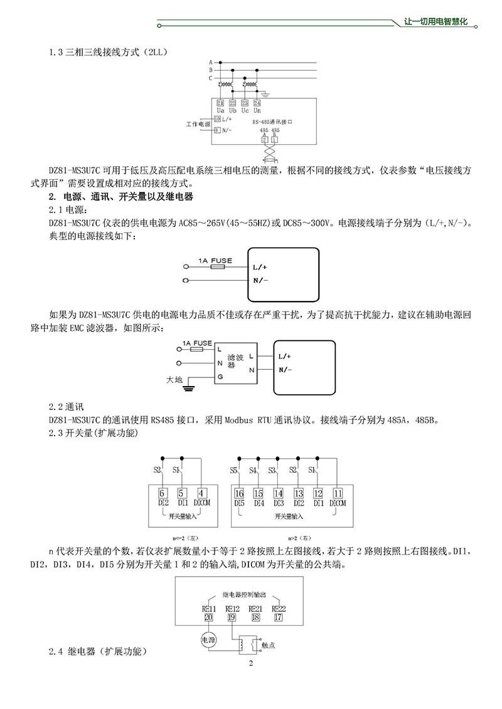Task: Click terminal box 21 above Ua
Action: pos(220,103)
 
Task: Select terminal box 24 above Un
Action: pos(257,103)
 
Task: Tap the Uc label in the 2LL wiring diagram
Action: pos(245,110)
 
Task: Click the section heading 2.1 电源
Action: pos(63,209)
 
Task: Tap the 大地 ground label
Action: pos(174,380)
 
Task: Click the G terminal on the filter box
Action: pos(220,377)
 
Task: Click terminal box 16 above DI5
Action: pos(239,493)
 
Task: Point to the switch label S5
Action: pos(233,470)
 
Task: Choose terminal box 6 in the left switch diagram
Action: pos(162,493)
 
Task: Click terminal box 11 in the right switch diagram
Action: pos(338,493)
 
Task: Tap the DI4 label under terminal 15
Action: pos(259,503)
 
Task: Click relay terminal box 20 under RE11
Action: pos(208,617)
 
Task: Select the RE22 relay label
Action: pos(279,608)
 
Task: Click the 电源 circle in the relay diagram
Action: pos(208,639)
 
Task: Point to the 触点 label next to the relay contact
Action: pos(269,644)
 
